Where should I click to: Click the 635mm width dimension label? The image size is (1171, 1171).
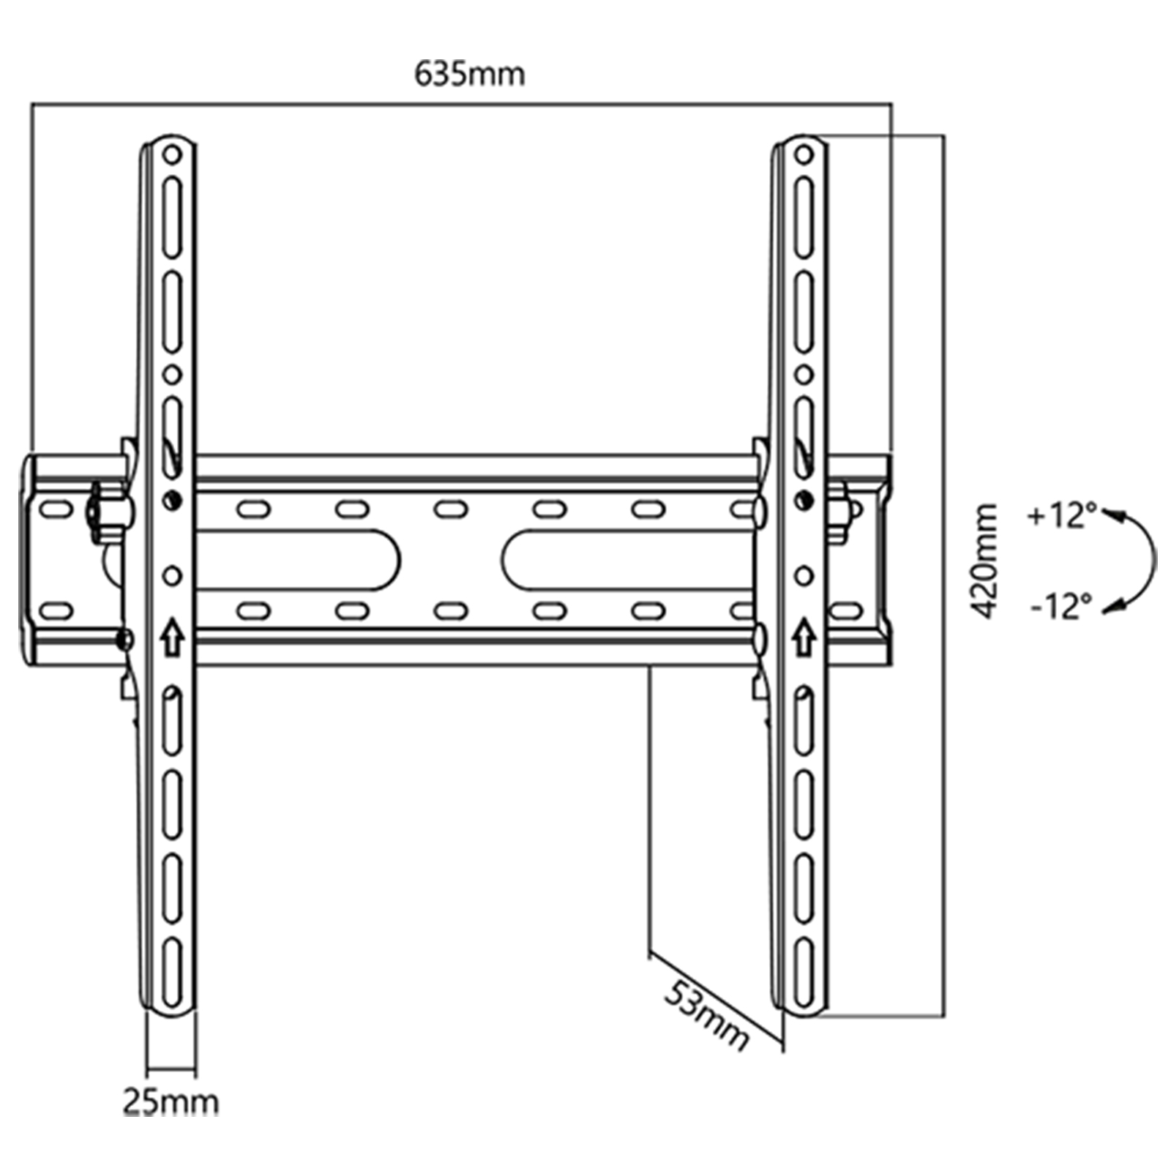(469, 74)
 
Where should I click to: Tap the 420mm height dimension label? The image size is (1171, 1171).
(982, 561)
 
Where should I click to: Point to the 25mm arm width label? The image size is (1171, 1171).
(171, 1101)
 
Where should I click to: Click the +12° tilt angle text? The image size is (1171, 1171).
(1062, 516)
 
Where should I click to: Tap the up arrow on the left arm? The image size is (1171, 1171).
(172, 637)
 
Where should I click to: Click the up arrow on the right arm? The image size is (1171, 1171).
(804, 637)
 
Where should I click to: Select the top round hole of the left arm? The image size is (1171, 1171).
(172, 155)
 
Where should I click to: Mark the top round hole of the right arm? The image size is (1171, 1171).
(804, 155)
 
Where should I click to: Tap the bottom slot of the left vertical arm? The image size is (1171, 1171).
(172, 972)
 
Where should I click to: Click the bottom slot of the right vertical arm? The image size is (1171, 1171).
(804, 972)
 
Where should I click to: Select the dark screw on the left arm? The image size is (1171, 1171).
(173, 500)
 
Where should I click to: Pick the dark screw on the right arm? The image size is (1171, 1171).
(804, 500)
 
